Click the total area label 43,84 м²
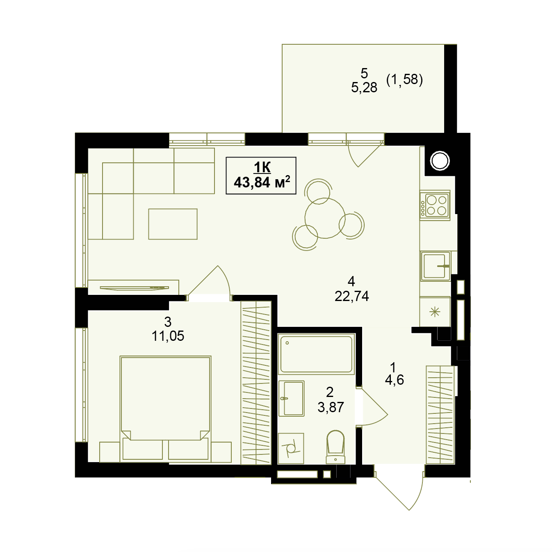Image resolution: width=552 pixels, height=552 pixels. (262, 182)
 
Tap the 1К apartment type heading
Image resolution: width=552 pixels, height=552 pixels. (262, 167)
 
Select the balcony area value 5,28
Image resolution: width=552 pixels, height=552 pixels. (364, 88)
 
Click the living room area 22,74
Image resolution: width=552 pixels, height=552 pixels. (351, 296)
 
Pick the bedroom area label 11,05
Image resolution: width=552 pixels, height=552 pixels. (168, 336)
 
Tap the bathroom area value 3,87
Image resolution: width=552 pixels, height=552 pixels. (331, 407)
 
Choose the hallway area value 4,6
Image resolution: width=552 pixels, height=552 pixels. (394, 380)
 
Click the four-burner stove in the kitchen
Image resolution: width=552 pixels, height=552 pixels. (435, 205)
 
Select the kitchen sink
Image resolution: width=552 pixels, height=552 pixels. (435, 266)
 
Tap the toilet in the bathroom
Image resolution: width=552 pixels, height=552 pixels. (335, 447)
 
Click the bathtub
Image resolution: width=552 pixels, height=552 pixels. (316, 354)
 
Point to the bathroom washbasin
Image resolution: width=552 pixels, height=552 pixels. (291, 399)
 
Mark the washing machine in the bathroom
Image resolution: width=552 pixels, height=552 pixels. (291, 448)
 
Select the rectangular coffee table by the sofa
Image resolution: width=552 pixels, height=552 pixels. (173, 224)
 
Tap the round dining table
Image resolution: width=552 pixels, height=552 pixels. (325, 218)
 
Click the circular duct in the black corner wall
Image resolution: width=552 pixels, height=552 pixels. (440, 161)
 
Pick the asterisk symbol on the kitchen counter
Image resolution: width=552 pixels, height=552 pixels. (435, 312)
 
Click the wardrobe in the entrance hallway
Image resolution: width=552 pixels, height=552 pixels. (440, 415)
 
